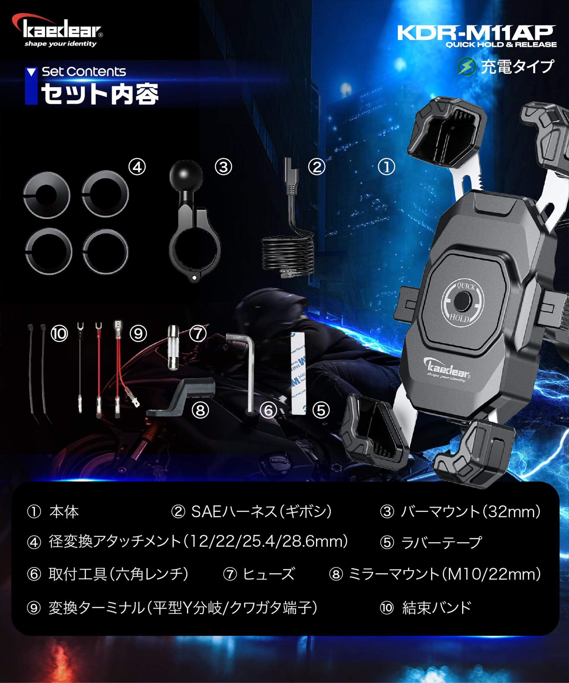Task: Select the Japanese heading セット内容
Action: (x=100, y=94)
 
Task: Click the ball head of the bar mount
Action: (x=186, y=177)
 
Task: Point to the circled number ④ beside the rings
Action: (x=137, y=168)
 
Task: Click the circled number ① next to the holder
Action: (x=386, y=167)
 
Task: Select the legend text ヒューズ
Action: (x=268, y=574)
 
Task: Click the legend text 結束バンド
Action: (x=437, y=607)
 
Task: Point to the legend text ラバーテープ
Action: (x=441, y=542)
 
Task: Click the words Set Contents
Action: (x=84, y=71)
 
